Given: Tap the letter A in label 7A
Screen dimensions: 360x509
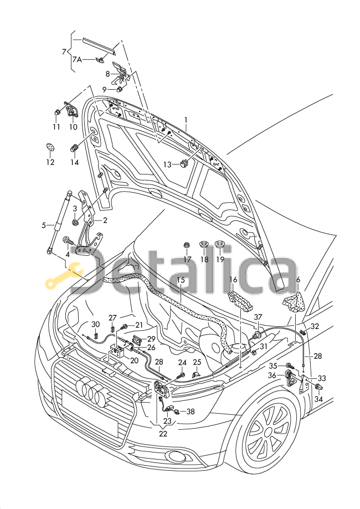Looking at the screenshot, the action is (x=79, y=59).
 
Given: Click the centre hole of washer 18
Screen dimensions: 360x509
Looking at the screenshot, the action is (x=204, y=244).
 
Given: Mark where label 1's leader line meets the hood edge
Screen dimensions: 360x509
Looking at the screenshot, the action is (x=187, y=131).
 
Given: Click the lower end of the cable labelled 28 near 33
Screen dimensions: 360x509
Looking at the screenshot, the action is (x=303, y=366).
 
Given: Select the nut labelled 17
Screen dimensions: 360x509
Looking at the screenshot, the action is (x=187, y=245).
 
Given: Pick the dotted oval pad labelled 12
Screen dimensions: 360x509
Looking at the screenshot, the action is (x=50, y=146).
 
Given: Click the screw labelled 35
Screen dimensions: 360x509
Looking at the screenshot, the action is (x=290, y=366).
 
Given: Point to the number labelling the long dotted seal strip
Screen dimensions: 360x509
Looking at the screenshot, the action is (x=181, y=280).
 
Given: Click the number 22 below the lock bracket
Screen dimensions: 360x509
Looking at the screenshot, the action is (x=163, y=434).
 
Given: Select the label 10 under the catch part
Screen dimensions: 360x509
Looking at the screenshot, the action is (x=73, y=127).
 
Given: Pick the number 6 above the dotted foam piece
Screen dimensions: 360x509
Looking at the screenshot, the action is (x=298, y=280).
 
